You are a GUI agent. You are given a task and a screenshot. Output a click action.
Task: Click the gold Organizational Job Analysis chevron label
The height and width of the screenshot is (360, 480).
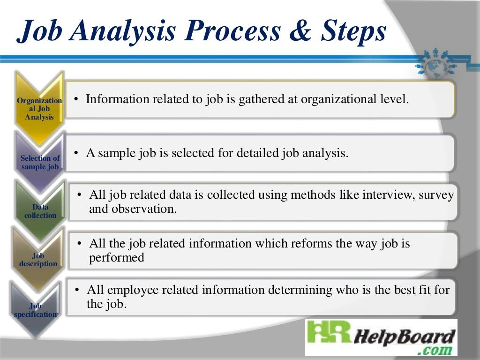(39, 109)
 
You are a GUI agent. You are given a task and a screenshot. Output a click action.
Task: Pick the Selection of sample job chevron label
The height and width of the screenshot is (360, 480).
(40, 162)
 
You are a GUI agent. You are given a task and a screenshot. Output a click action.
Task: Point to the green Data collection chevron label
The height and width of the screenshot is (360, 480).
(40, 211)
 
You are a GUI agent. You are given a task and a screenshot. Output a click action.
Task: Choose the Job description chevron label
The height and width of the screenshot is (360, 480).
(38, 260)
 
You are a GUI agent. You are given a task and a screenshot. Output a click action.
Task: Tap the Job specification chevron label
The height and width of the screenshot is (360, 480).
(36, 310)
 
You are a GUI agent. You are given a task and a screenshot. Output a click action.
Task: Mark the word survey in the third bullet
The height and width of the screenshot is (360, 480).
(436, 195)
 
